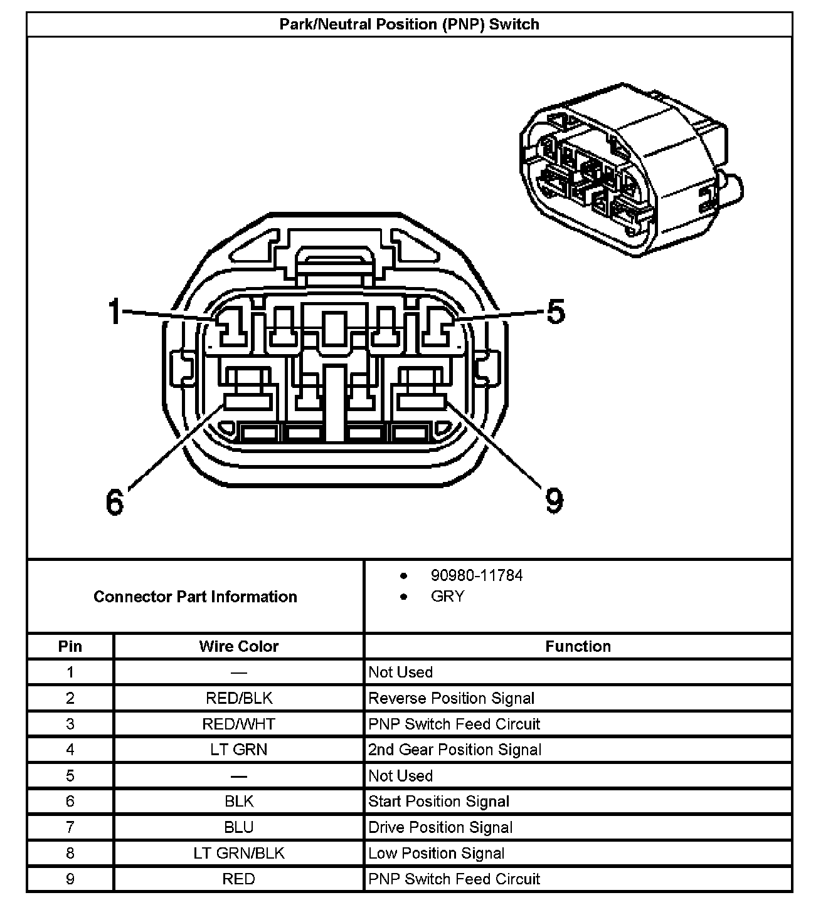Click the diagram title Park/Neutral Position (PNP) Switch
[409, 25]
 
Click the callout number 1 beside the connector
[115, 311]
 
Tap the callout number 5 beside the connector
[555, 311]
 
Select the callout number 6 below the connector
[115, 501]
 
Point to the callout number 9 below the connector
[554, 500]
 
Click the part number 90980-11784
[476, 575]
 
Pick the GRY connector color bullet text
[447, 596]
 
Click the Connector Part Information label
[195, 596]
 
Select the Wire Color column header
[238, 646]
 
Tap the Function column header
[578, 646]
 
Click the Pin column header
[70, 646]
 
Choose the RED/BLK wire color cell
[238, 698]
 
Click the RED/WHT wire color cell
[238, 724]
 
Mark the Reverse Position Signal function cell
[451, 698]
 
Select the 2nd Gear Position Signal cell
[455, 750]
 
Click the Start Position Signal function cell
[438, 802]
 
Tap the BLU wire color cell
[238, 827]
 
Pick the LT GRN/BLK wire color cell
[238, 853]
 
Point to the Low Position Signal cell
[436, 853]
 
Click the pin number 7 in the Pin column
[70, 827]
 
